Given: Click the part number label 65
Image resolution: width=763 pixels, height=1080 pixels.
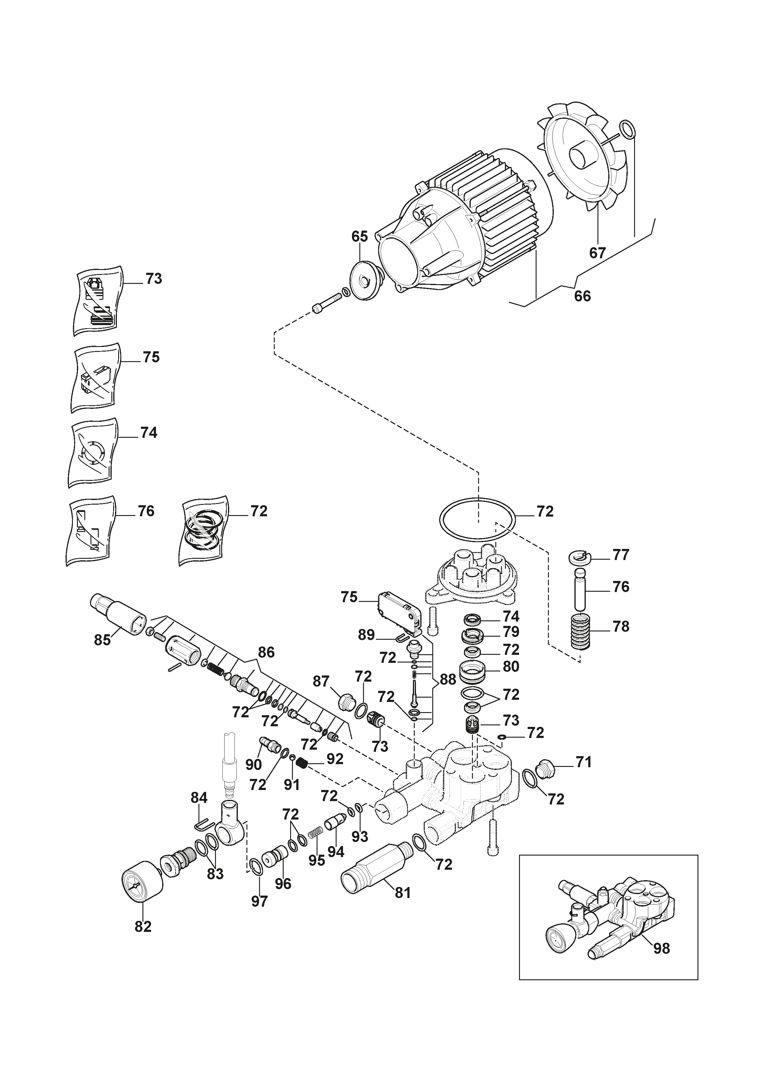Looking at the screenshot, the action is pyautogui.click(x=360, y=236).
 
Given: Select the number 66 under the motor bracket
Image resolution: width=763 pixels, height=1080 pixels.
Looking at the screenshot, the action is pyautogui.click(x=582, y=296).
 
